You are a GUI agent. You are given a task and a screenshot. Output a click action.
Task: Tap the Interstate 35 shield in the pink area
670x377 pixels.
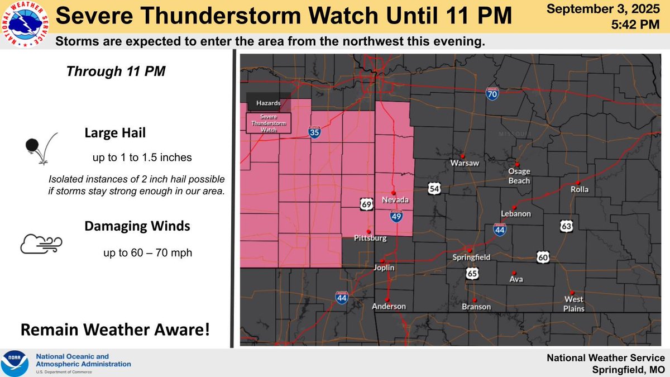(x=314, y=132)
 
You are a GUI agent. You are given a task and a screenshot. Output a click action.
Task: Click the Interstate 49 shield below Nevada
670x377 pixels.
(x=396, y=216)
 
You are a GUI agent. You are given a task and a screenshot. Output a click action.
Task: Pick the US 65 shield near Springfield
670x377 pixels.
(x=472, y=273)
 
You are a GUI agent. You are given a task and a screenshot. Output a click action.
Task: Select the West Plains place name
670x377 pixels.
(x=574, y=304)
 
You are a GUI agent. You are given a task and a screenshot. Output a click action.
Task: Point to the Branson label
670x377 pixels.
(x=476, y=307)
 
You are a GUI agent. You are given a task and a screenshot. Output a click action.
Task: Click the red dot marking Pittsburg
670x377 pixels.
(x=367, y=231)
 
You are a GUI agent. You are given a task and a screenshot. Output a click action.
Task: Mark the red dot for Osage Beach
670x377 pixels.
(x=518, y=164)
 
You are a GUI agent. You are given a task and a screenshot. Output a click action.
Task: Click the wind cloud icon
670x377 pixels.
(x=41, y=243)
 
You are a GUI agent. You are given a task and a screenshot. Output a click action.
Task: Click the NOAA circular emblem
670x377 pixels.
(x=16, y=364)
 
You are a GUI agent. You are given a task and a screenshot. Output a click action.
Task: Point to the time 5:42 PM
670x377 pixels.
(x=631, y=24)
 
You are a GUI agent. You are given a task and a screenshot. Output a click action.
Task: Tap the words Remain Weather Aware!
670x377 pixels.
(x=115, y=330)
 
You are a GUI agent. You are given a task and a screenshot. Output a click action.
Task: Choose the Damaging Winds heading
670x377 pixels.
(x=137, y=226)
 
